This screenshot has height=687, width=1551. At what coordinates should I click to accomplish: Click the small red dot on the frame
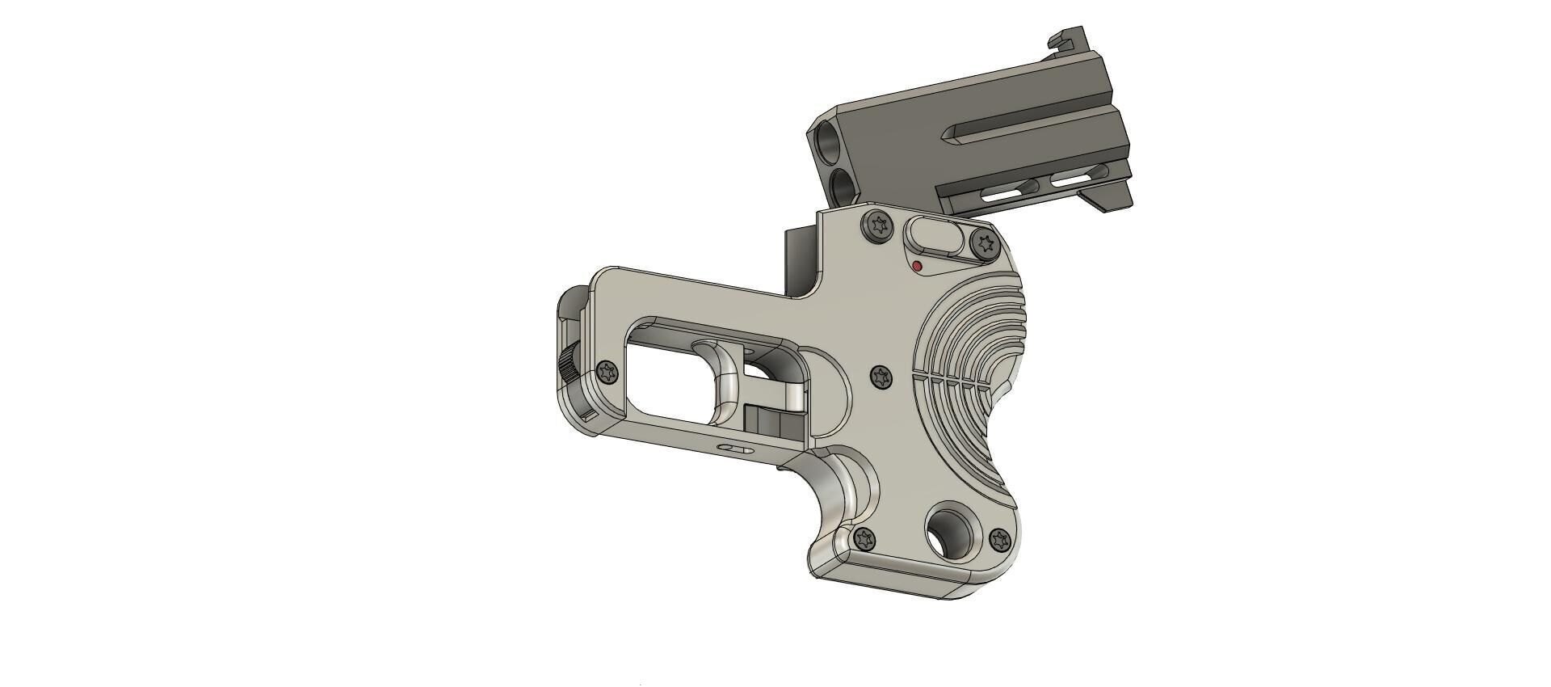(917, 266)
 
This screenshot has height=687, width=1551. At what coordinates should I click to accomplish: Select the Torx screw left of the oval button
(877, 224)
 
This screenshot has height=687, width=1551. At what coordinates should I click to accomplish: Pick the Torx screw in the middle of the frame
(881, 377)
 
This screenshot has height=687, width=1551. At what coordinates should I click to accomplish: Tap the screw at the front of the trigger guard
(607, 373)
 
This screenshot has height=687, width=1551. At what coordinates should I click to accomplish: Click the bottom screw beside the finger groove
(864, 537)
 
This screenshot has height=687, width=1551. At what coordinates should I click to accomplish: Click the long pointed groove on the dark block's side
(1026, 129)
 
